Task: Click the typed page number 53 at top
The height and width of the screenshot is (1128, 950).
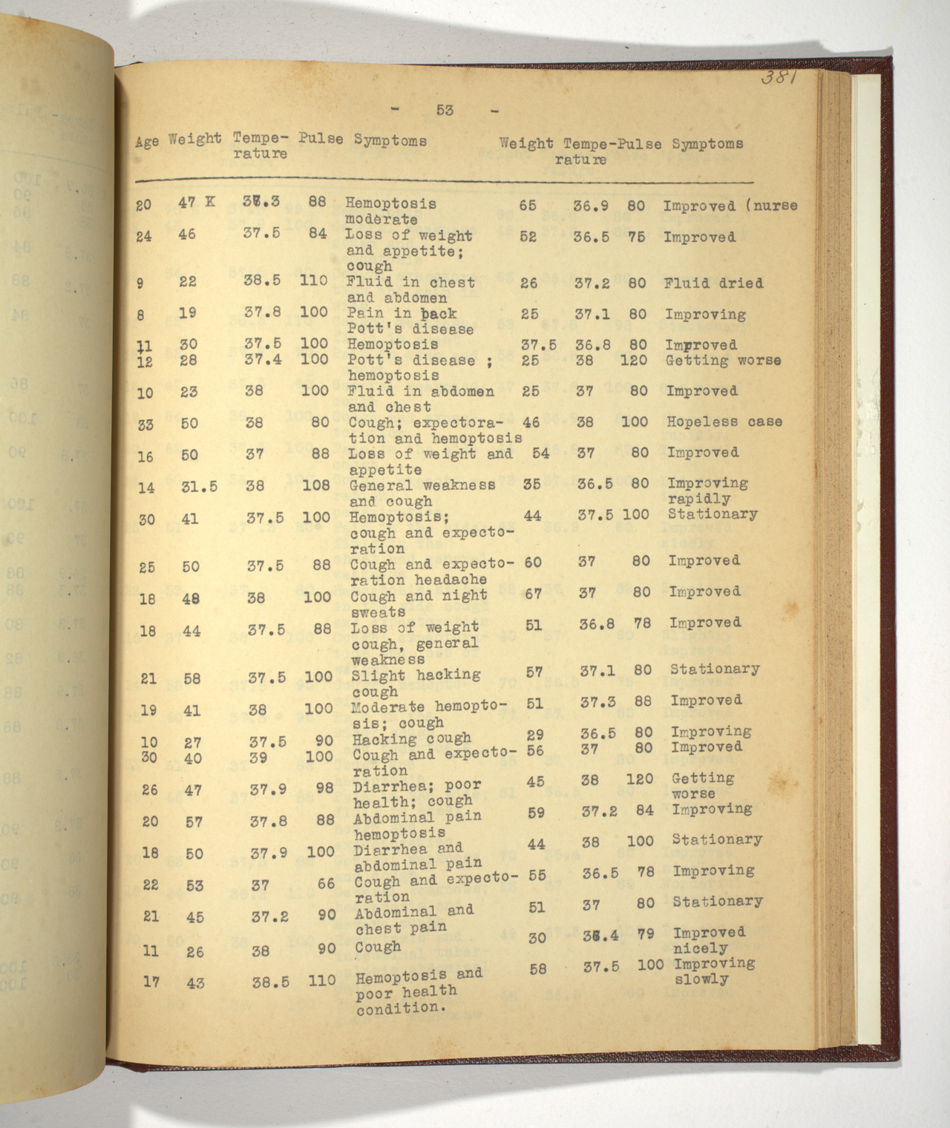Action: (445, 111)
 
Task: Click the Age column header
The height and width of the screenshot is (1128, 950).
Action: (147, 142)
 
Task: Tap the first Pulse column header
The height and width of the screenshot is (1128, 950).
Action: (321, 139)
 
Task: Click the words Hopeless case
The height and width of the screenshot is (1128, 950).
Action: (724, 422)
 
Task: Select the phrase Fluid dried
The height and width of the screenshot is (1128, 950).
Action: (713, 283)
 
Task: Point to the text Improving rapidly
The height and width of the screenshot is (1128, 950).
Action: (707, 491)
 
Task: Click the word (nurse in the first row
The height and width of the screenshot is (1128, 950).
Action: (772, 206)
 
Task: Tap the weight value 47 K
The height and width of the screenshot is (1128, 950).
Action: (197, 201)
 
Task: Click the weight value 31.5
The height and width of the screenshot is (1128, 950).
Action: (199, 487)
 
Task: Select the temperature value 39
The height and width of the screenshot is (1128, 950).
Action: (259, 757)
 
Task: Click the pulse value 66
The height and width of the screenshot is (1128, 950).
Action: (326, 883)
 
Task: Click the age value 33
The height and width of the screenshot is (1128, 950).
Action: (145, 424)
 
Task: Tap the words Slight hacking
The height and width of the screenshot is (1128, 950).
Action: (415, 675)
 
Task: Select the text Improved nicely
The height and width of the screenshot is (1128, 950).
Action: (708, 940)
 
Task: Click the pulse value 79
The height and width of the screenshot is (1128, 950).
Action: (646, 934)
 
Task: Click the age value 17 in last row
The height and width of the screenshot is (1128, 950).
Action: (151, 982)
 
